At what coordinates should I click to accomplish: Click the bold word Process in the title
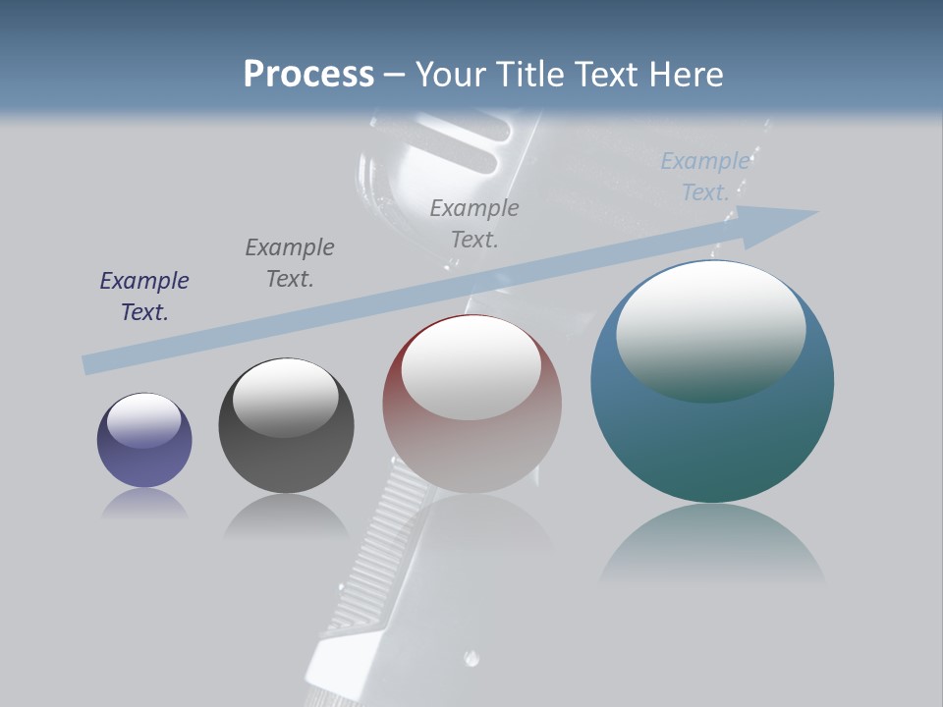point(308,75)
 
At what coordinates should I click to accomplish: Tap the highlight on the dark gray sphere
point(286,393)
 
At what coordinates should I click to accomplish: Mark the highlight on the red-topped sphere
point(471,368)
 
